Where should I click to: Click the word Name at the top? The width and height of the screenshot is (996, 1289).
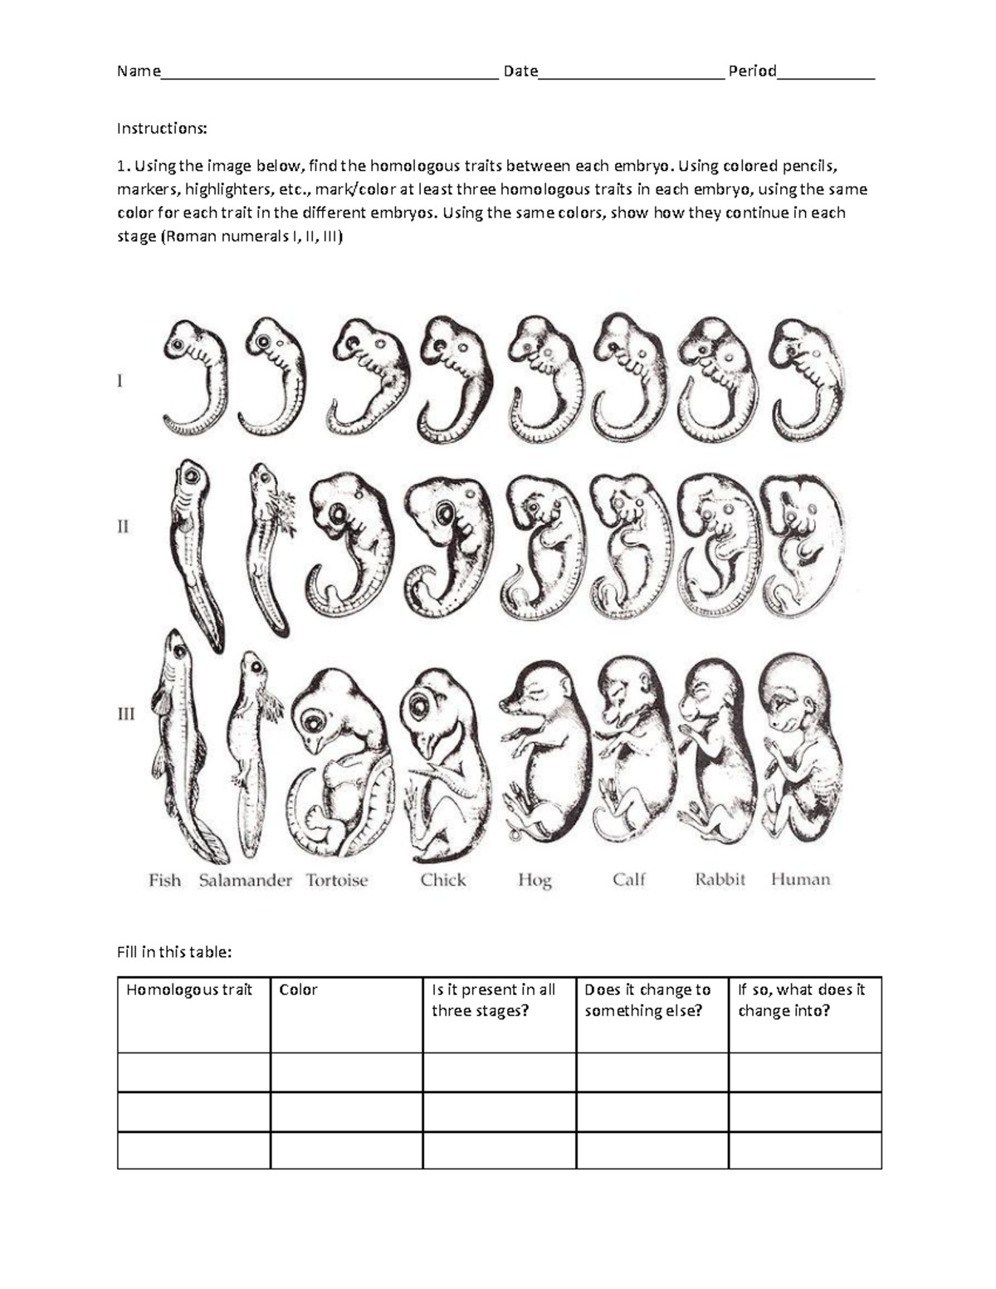139,71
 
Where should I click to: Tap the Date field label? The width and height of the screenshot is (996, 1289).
520,71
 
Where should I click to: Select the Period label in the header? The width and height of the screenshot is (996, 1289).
752,71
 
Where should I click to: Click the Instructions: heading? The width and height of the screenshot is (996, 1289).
162,128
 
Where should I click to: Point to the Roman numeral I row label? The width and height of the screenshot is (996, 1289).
120,380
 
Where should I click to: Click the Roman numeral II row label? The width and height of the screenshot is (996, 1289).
123,526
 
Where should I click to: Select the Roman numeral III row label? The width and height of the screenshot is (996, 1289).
126,713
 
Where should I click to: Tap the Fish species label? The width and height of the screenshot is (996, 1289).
164,880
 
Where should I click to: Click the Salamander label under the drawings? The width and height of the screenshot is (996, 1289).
246,880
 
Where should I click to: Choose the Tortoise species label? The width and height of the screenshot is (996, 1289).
337,880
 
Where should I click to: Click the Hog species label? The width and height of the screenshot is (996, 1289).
535,881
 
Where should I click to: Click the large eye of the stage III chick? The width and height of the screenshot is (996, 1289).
420,706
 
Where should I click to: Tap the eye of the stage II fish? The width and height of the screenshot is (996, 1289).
191,476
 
